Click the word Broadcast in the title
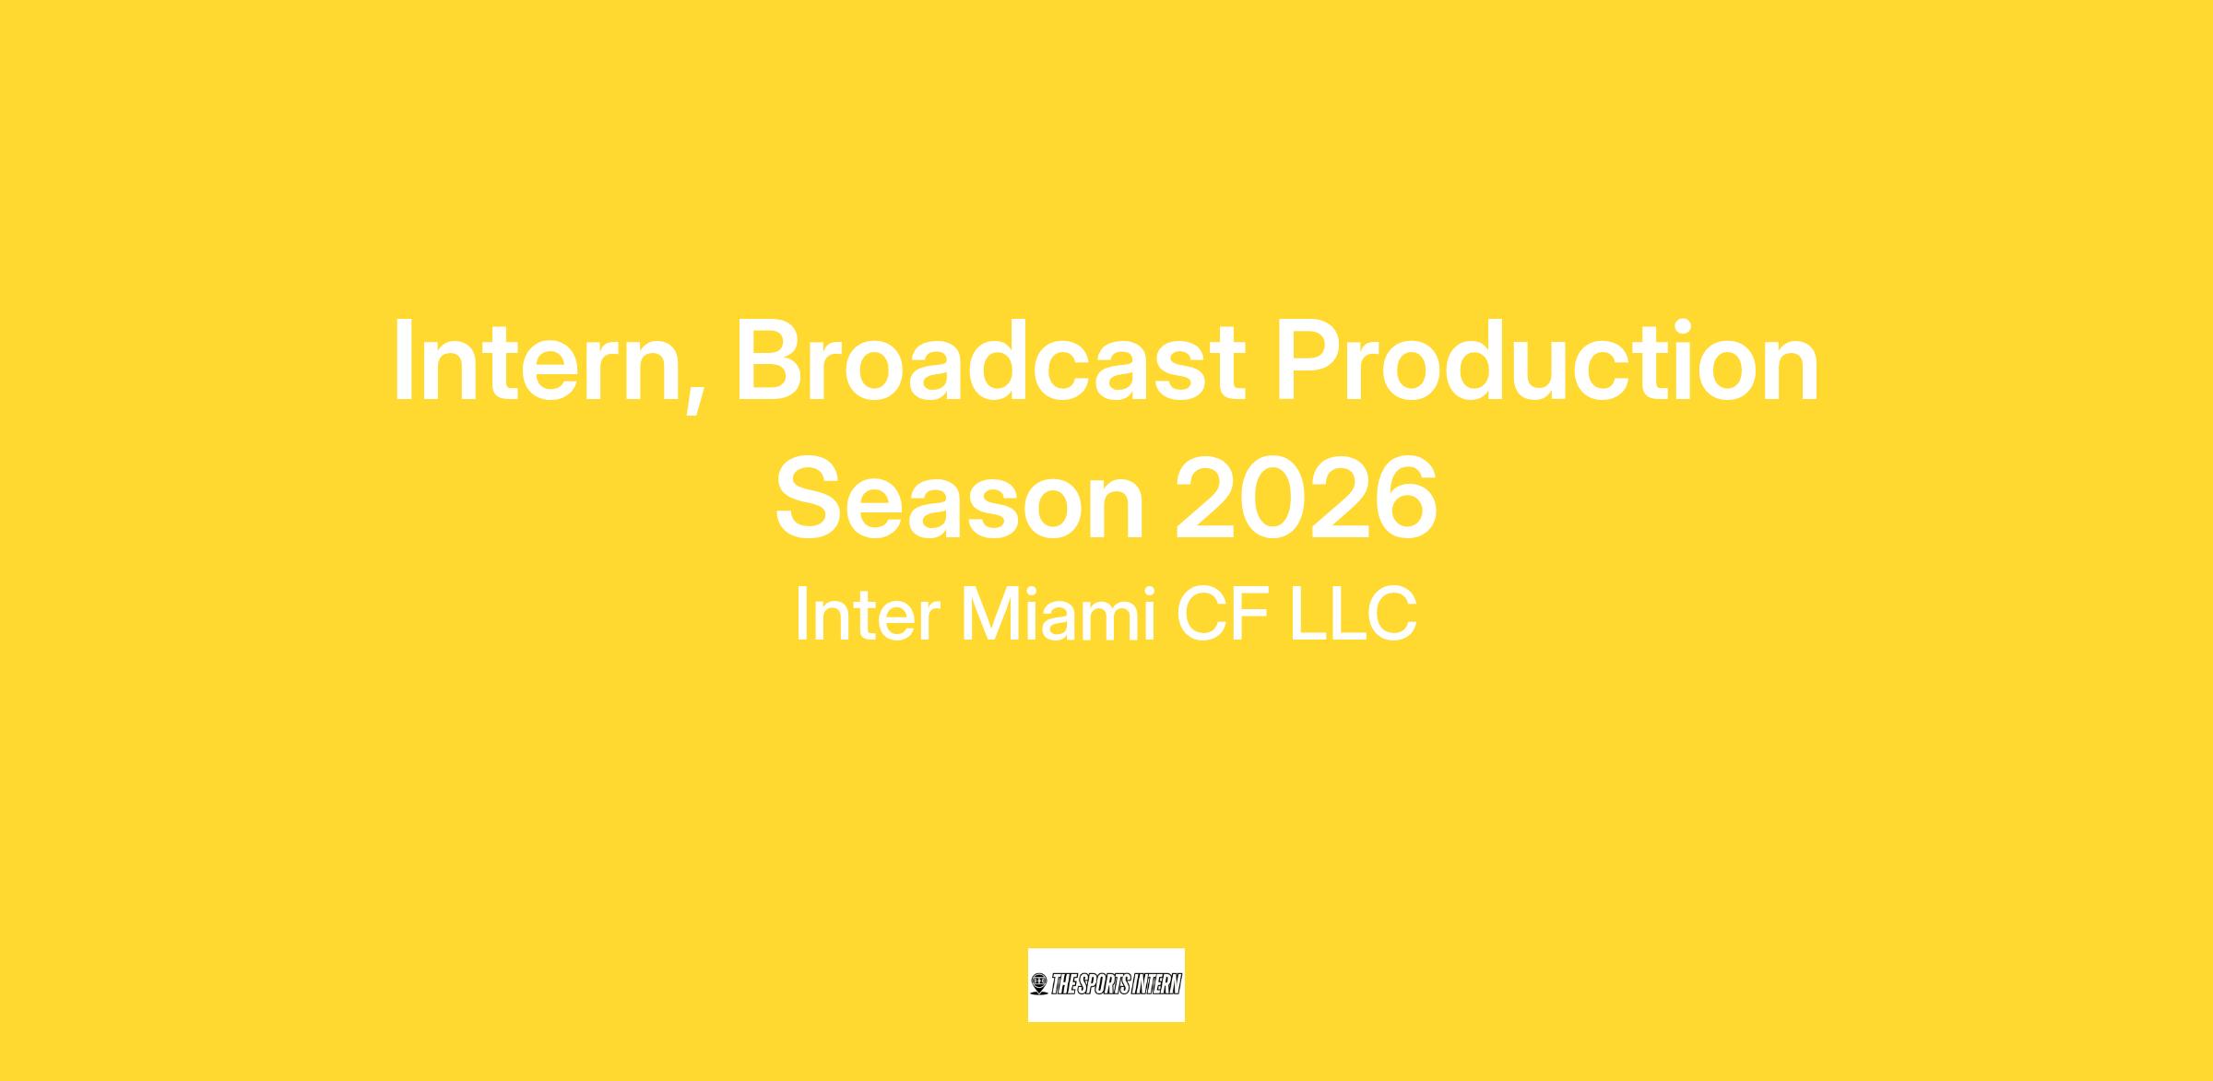click(990, 361)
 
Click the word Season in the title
click(960, 499)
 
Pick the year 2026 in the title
click(1306, 499)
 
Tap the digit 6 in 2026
click(1404, 499)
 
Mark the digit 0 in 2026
click(1272, 499)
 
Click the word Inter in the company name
click(868, 615)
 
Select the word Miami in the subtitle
click(1059, 615)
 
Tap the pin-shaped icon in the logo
click(1039, 984)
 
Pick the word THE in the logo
click(1064, 984)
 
